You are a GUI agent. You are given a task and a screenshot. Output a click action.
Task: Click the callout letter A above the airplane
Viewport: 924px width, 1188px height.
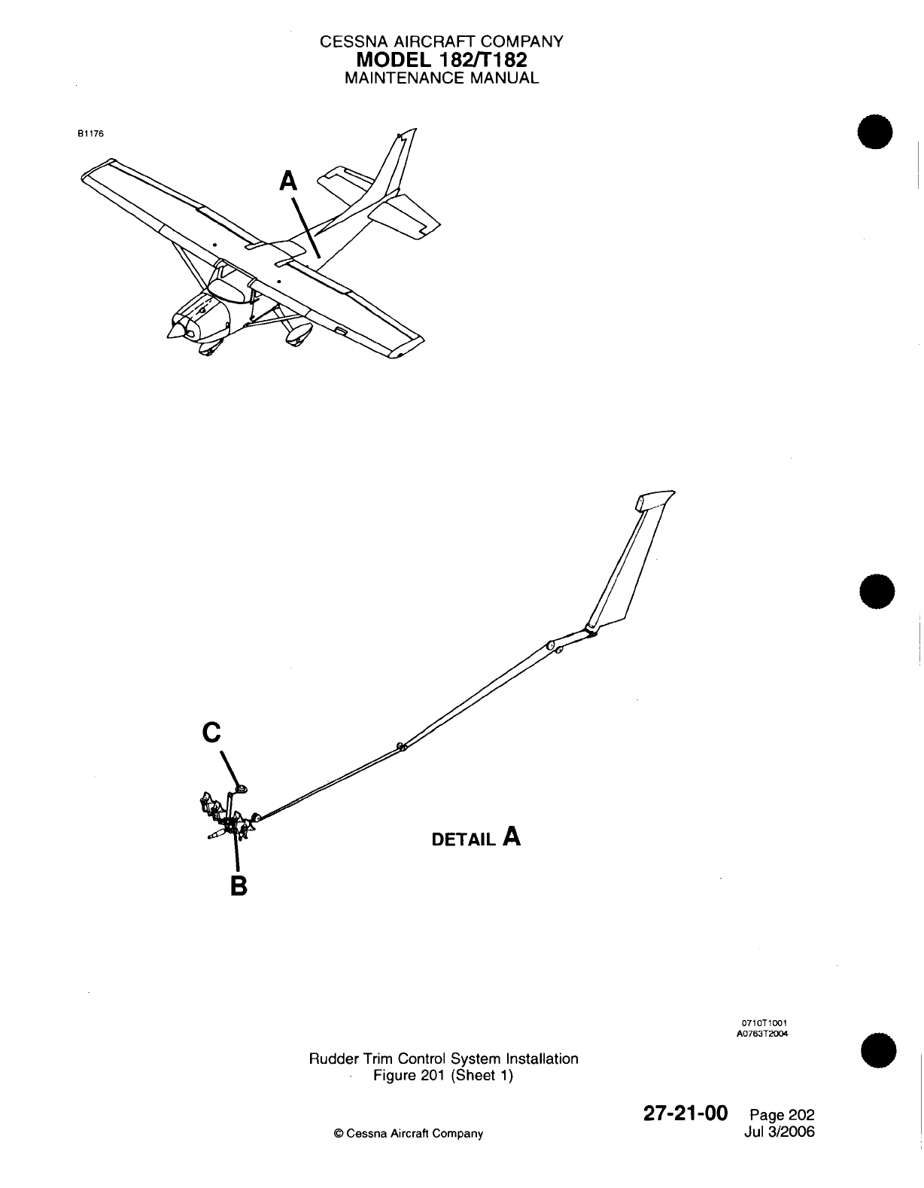(288, 181)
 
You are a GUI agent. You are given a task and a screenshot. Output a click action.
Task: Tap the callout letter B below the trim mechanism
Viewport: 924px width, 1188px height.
(238, 885)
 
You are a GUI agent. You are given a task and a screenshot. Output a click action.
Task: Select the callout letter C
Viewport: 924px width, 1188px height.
(212, 732)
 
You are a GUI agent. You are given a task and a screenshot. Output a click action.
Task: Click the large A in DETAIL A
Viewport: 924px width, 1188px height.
(512, 836)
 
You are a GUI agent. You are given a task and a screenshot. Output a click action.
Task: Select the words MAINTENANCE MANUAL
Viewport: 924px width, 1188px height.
(441, 78)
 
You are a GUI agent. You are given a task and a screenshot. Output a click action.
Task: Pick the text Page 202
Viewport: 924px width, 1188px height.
(783, 1116)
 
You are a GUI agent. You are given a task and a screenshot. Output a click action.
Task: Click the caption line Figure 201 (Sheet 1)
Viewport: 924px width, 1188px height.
(443, 1075)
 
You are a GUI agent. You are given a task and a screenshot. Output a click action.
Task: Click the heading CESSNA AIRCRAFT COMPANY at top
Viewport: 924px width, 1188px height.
(441, 42)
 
